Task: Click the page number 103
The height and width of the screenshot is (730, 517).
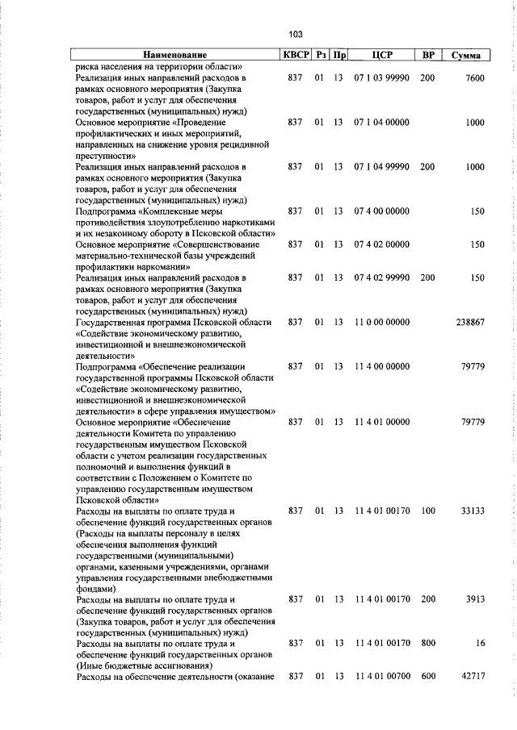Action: coord(295,34)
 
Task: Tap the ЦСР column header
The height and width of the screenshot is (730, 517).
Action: coord(381,55)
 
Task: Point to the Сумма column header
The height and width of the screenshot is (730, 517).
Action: coord(466,55)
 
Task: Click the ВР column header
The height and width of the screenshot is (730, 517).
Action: coord(428,55)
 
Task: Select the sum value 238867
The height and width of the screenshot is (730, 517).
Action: coord(469,322)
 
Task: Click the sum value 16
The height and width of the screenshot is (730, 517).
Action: coord(480,644)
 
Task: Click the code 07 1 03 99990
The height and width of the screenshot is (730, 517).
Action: coord(381,77)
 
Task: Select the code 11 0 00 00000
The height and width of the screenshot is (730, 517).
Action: coord(381,322)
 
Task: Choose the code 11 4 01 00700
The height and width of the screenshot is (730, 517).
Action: coord(381,675)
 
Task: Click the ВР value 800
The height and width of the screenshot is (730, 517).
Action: coord(427,644)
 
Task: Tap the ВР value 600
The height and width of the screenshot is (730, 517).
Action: coord(427,675)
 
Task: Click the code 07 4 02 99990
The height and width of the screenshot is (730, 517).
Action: coord(381,277)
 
